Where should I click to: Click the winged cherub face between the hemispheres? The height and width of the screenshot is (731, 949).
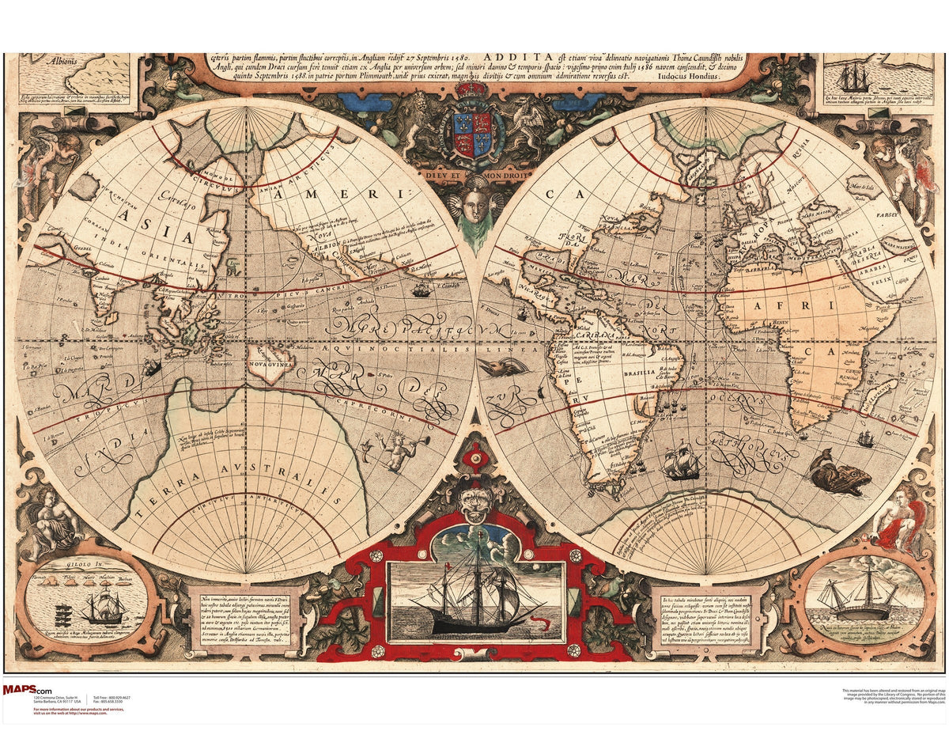[475, 205]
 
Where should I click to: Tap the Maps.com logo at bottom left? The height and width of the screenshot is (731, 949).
[28, 690]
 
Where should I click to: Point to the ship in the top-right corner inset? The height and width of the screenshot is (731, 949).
[854, 78]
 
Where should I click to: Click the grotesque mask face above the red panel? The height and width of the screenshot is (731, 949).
[475, 503]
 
